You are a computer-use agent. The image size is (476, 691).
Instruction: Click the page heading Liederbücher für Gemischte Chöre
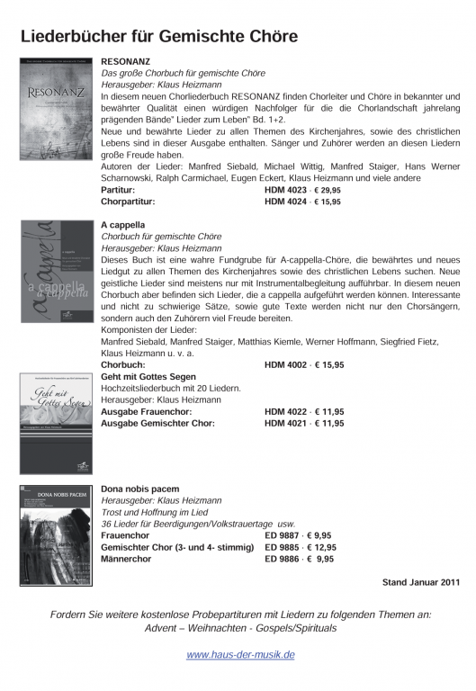[x=159, y=36]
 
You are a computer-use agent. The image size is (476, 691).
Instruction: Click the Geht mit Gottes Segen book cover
[x=55, y=423]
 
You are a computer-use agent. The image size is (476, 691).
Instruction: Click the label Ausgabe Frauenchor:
[x=145, y=411]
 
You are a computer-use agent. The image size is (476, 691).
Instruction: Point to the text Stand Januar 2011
[x=421, y=582]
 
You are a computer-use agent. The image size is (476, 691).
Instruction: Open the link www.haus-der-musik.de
[x=240, y=655]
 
